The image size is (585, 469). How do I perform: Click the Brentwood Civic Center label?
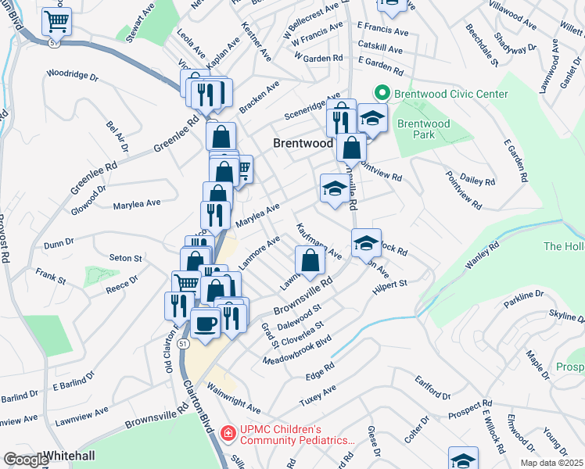(451, 94)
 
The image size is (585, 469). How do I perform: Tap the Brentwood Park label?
(423, 129)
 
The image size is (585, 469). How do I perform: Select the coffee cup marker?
(206, 323)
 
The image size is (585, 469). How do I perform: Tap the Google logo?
(25, 460)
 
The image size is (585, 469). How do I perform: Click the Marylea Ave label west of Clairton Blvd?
(137, 202)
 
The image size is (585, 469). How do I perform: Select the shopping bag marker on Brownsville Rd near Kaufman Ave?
(310, 261)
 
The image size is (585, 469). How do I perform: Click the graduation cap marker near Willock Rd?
(365, 242)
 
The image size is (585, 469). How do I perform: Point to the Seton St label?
(125, 258)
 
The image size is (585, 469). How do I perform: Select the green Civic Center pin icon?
(382, 93)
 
